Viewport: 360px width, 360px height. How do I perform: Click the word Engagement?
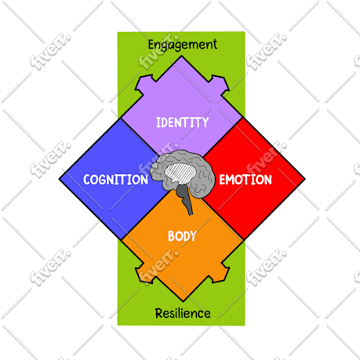183,45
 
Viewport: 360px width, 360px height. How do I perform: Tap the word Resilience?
183,313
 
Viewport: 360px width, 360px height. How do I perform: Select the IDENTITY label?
182,122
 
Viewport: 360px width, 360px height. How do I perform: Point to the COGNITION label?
115,180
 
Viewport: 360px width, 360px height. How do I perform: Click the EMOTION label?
245,180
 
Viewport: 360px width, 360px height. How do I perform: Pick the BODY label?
182,236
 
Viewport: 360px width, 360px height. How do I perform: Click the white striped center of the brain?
180,173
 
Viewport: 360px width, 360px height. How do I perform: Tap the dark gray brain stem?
185,198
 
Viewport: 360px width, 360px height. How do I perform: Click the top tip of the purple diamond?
181,56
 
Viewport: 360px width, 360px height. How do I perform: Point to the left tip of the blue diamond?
60,180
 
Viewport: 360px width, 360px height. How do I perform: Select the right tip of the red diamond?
304,179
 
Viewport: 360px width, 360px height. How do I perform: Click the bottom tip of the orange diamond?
183,301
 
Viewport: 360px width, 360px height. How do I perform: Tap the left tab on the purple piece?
144,83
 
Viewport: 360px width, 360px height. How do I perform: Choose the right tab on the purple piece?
220,83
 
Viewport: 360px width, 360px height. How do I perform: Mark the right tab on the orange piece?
220,274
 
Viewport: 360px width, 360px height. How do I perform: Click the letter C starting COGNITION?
87,180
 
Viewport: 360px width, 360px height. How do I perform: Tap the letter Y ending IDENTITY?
205,122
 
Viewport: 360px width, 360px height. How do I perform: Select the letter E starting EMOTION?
223,180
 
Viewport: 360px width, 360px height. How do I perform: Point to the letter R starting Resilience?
159,313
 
